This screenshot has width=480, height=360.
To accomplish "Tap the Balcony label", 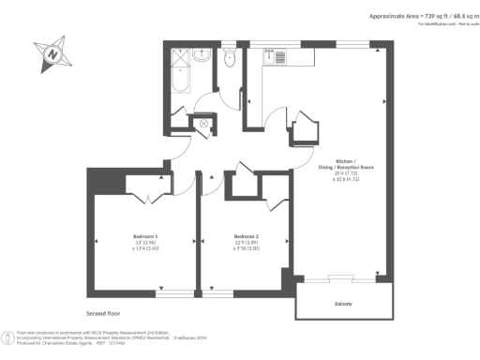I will point(342,304).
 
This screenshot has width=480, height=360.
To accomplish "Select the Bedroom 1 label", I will point(144,235).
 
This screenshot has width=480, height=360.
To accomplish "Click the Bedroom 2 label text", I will point(246,235).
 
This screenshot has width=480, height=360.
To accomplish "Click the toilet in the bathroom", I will point(229,58).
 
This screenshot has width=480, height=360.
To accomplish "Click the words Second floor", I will point(103,312).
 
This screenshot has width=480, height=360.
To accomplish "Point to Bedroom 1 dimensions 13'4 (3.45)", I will point(144,248).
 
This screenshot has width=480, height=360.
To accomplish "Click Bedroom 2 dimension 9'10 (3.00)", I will point(246,248).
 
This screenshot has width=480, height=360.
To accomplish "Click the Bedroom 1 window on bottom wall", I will point(169,294).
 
